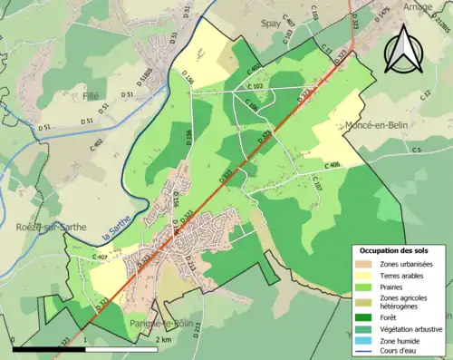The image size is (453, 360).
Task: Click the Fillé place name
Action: pyautogui.click(x=90, y=93)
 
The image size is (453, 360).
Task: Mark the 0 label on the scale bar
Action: pyautogui.click(x=13, y=340)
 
